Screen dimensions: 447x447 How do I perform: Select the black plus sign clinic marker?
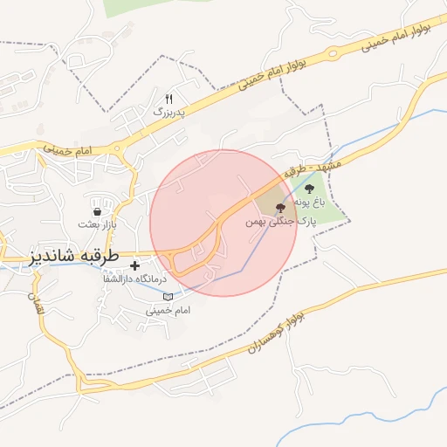[134, 265]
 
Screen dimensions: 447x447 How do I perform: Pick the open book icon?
[168, 298]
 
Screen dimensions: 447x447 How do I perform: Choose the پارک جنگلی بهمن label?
[279, 223]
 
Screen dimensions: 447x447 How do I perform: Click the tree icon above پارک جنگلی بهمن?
[279, 208]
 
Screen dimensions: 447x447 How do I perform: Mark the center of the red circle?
[223, 223]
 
